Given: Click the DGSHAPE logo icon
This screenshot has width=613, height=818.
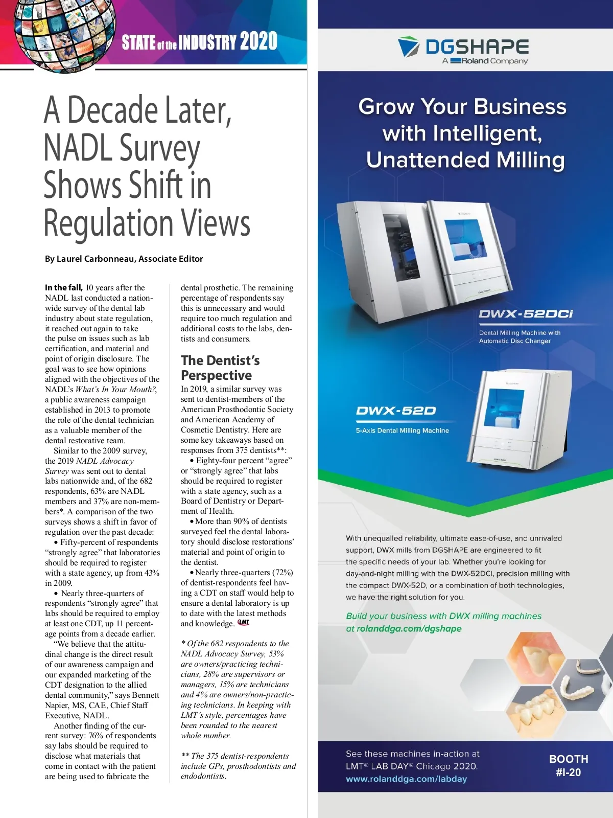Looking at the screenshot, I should point(409,47).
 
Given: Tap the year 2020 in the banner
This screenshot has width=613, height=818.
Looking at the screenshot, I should point(258,41).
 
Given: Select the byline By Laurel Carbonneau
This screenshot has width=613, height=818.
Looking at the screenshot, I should point(124,259).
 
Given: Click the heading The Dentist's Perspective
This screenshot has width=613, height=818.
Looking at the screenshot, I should point(220,368).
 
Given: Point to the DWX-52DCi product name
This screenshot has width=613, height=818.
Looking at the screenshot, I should point(526,314).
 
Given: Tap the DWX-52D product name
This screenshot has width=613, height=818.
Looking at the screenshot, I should point(396,411).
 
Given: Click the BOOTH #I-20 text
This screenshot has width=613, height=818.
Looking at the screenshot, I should point(568,765).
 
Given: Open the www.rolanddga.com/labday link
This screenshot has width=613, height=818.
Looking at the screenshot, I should point(406,779).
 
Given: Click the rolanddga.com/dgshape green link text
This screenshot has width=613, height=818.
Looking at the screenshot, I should point(409,629).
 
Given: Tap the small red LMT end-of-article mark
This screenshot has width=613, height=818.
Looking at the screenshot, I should point(244,623).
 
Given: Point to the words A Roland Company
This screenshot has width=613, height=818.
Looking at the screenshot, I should point(485,61).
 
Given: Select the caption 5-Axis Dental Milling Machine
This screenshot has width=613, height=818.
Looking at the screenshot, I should point(402,430).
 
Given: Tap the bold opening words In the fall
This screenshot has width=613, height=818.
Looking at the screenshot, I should point(63,287).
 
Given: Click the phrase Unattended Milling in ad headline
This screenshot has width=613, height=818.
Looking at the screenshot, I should point(465,160).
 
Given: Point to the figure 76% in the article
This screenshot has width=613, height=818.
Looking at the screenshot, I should point(96,736).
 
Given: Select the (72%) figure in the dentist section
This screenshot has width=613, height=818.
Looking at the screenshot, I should point(282,573).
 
